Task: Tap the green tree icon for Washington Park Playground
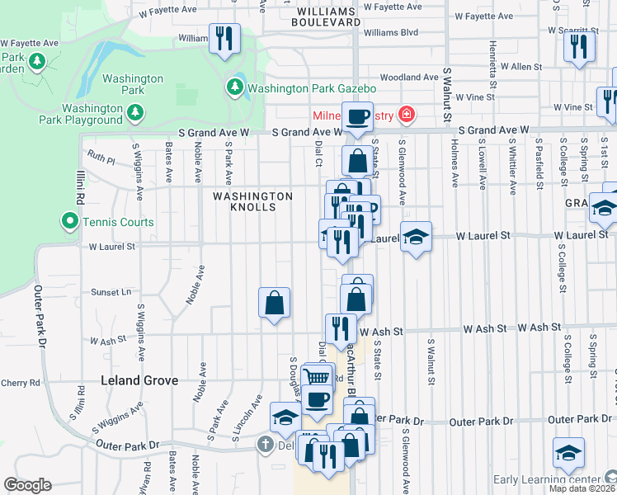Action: [x=135, y=110]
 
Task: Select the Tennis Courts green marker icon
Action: [x=69, y=221]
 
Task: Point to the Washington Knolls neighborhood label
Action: [x=252, y=202]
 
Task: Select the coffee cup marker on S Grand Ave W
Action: [x=357, y=117]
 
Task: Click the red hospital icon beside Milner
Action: [x=406, y=114]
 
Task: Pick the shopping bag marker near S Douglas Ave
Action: [x=274, y=303]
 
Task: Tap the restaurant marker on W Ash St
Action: [x=340, y=329]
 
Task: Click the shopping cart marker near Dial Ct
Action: [x=317, y=376]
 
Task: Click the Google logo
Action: [x=27, y=485]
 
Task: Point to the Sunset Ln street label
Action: [x=111, y=292]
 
